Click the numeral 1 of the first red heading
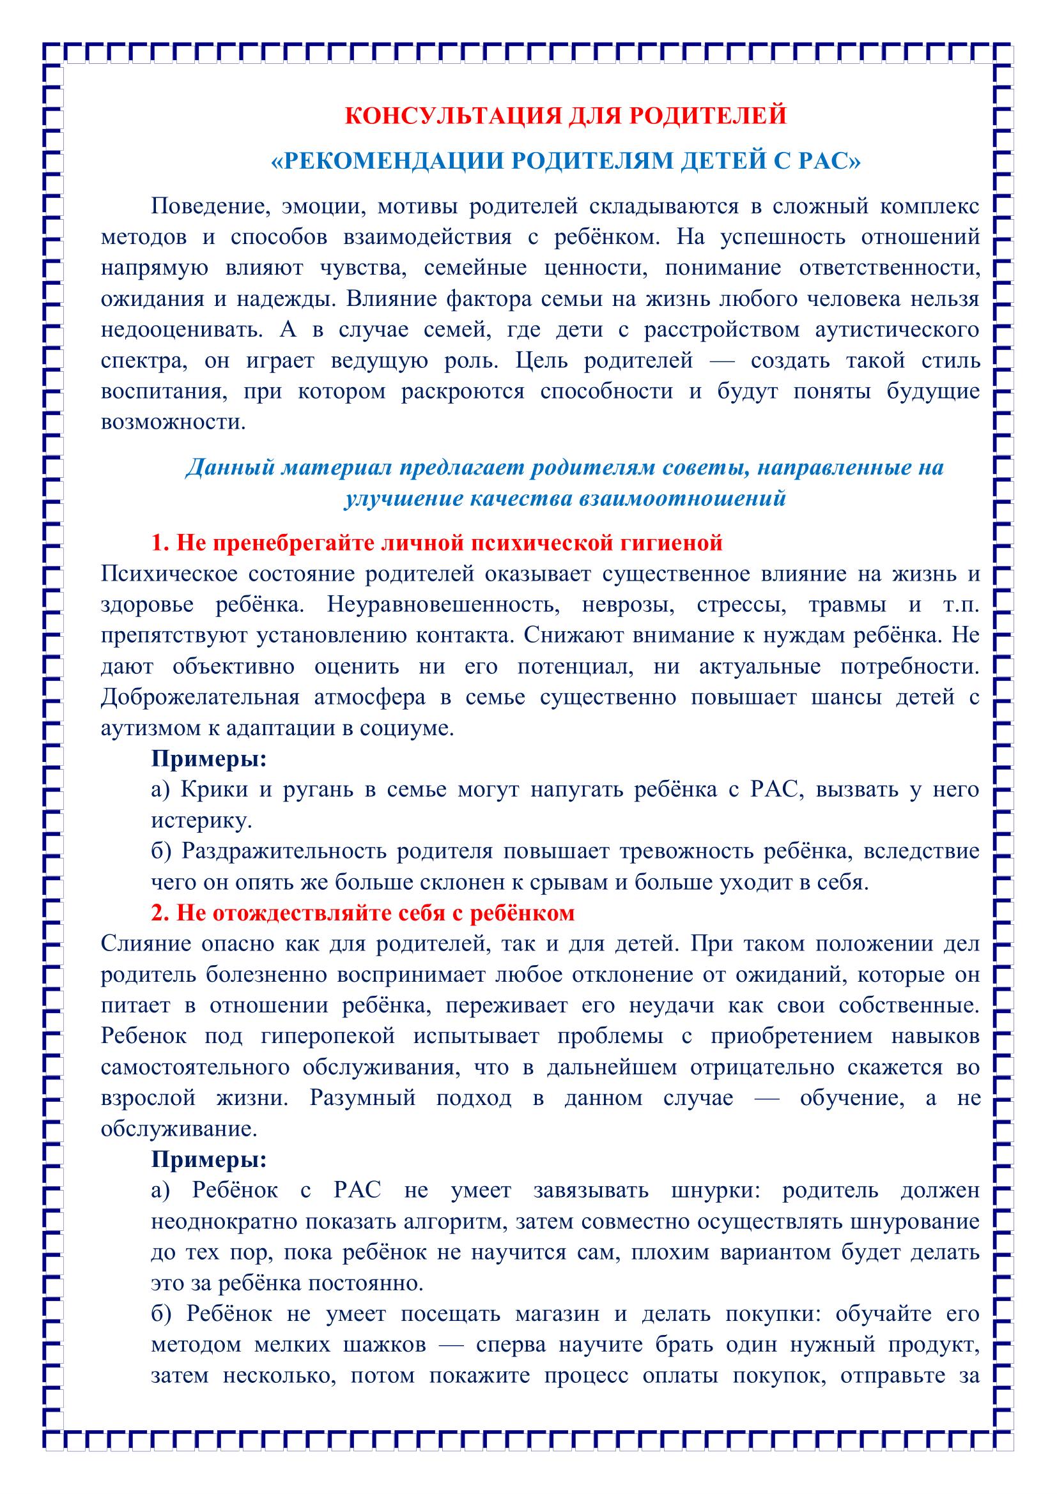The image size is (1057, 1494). click(157, 543)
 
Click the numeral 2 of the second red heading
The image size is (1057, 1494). click(157, 913)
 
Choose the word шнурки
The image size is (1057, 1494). click(712, 1191)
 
